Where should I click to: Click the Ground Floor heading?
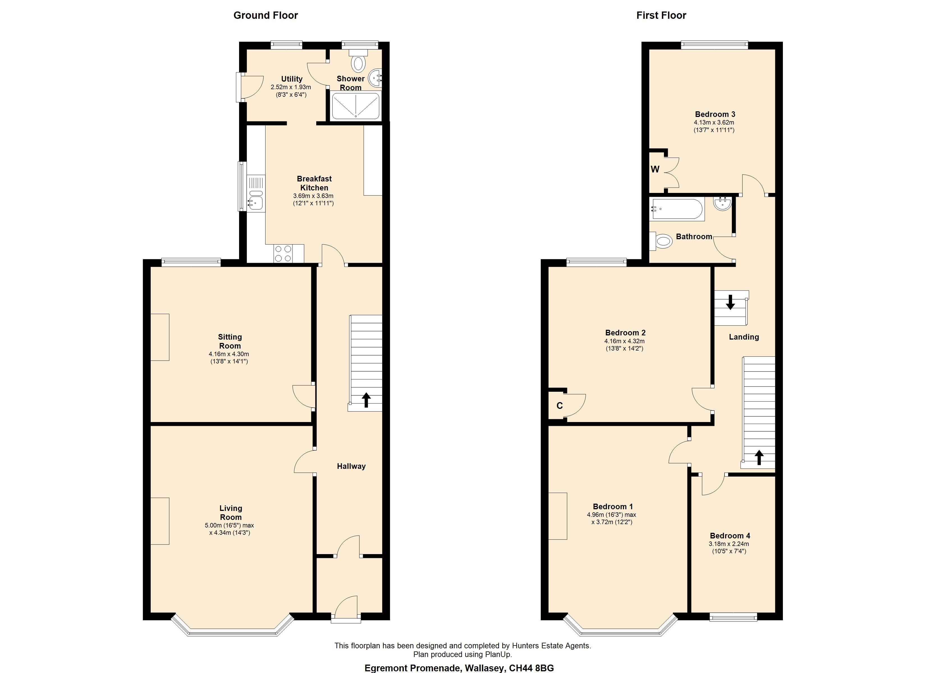265,15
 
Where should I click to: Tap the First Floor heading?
661,15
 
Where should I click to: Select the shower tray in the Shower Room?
355,106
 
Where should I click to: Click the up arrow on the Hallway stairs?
366,400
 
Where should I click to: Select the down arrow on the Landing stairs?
730,302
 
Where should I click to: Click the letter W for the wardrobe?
655,169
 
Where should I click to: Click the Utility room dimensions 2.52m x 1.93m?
291,87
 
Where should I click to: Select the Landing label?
744,337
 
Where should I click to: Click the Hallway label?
351,466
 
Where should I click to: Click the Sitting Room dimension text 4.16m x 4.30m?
229,354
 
